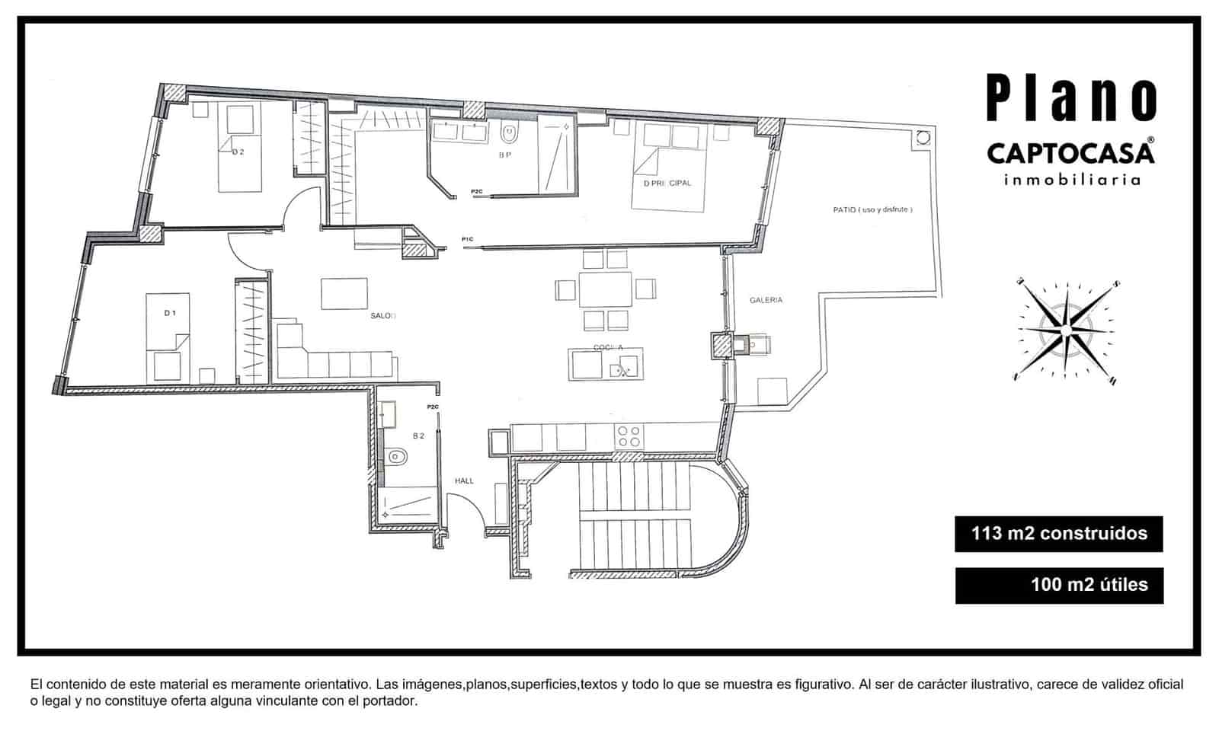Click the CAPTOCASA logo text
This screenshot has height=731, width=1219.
tap(1070, 152)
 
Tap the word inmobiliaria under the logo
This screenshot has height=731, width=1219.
tap(1072, 180)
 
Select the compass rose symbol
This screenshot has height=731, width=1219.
tap(1066, 330)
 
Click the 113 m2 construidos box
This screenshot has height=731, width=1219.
tap(1058, 534)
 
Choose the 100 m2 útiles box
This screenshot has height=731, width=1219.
tap(1058, 585)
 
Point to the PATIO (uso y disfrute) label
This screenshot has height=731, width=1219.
tap(872, 209)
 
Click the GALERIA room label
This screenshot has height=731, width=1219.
tap(766, 300)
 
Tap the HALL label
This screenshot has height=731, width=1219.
tap(464, 480)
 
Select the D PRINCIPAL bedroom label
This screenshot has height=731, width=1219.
tap(667, 184)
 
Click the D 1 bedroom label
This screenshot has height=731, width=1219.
tap(170, 313)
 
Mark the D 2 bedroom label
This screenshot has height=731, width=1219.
tap(238, 152)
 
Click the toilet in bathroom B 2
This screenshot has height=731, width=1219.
tap(396, 458)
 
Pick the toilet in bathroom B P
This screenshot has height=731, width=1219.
tap(509, 136)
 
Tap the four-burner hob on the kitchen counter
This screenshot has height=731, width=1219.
tap(629, 436)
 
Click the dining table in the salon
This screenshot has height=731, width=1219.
tap(606, 289)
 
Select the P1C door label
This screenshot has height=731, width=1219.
tap(467, 240)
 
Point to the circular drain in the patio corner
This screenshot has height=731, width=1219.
tap(923, 139)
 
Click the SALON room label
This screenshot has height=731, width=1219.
tap(383, 315)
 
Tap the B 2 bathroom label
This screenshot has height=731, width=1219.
tap(418, 436)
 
